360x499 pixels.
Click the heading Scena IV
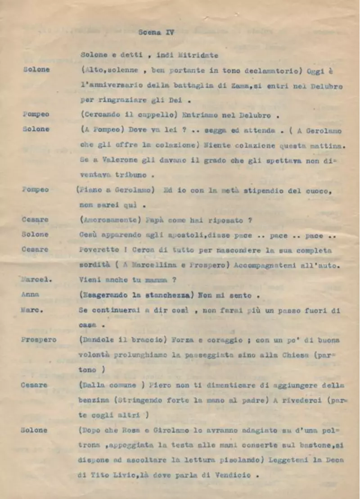coord(156,32)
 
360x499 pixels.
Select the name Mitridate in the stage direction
coord(198,55)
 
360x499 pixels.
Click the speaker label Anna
coord(30,294)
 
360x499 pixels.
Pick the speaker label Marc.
coord(30,310)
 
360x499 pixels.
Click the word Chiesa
coord(297,355)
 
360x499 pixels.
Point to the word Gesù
coord(90,235)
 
